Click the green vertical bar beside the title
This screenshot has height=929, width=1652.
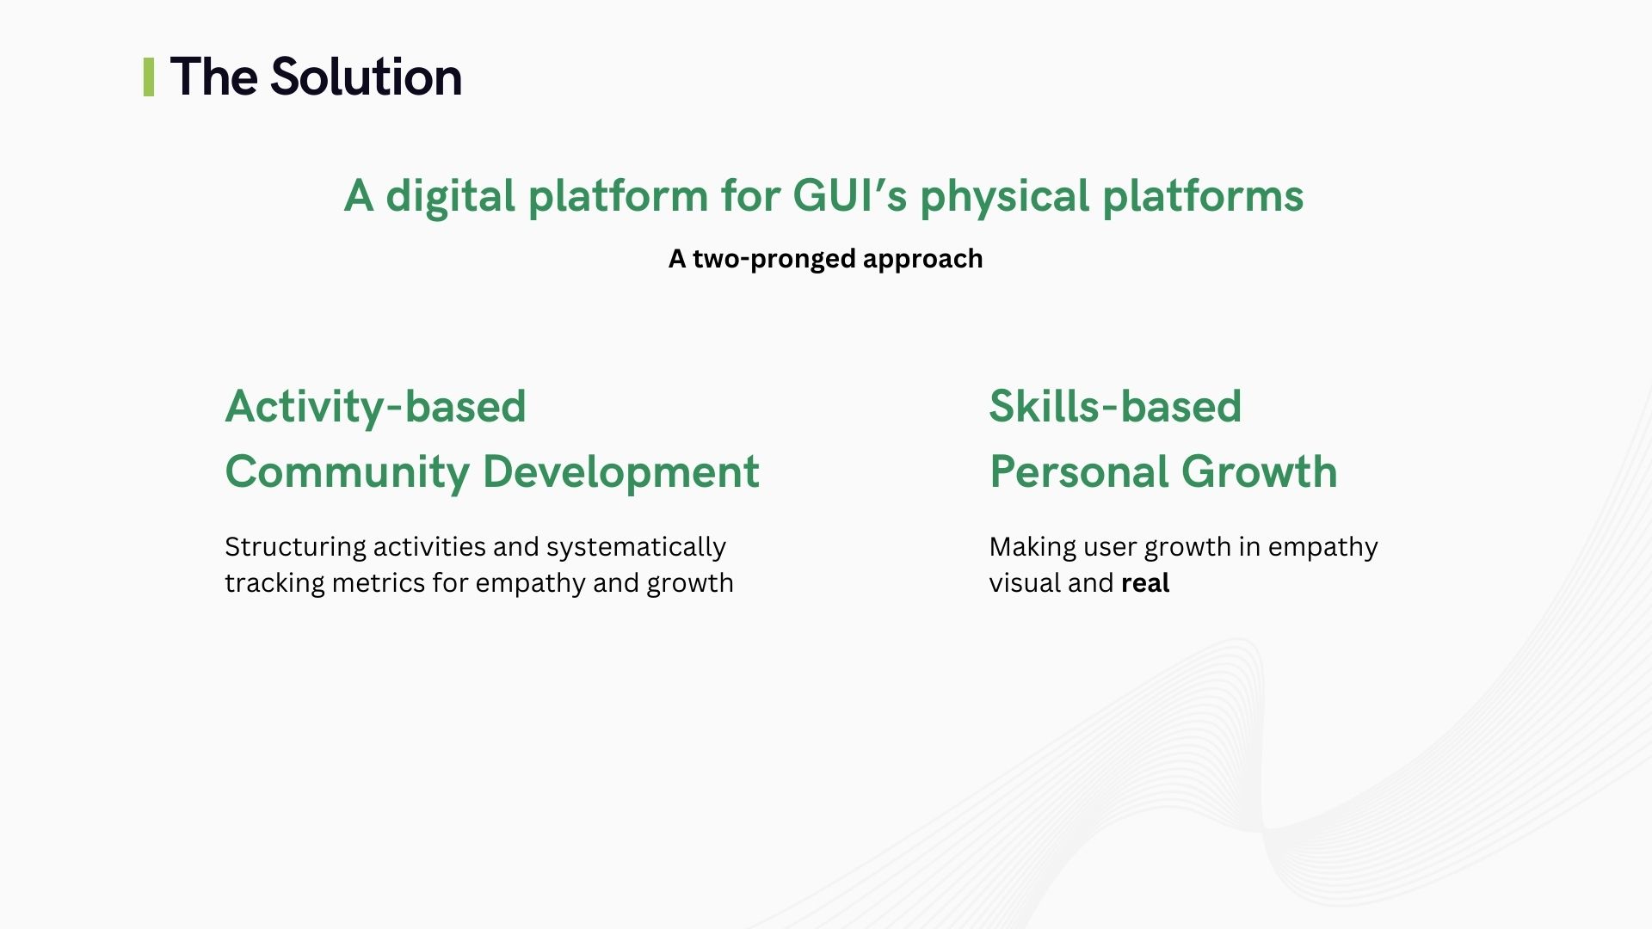(x=149, y=77)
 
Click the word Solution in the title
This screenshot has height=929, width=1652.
(x=366, y=77)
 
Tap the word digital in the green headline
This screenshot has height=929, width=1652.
(x=450, y=196)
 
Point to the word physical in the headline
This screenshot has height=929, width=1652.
(x=1005, y=196)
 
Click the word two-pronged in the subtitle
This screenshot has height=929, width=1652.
(x=774, y=259)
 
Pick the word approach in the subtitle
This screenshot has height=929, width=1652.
(x=922, y=260)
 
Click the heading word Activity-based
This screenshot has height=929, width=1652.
(x=375, y=406)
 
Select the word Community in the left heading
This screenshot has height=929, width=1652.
(x=347, y=472)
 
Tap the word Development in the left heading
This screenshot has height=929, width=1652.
(x=620, y=472)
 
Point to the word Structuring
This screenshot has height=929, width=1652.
(x=295, y=547)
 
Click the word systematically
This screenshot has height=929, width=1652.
(x=636, y=547)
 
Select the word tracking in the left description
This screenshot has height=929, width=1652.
(x=274, y=583)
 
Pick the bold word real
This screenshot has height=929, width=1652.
(x=1145, y=583)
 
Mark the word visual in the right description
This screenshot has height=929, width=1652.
(x=1025, y=583)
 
